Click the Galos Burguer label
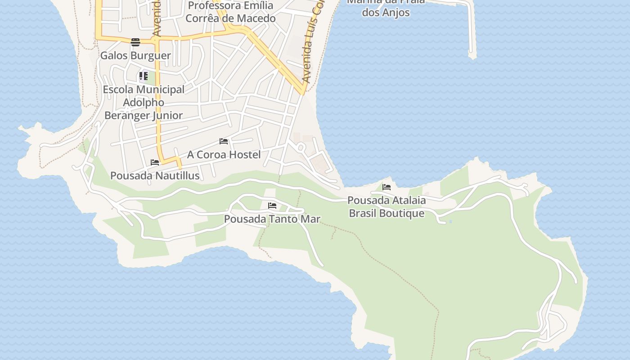135,56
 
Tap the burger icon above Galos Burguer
135,42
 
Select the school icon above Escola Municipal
143,76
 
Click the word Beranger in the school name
127,115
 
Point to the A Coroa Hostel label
224,155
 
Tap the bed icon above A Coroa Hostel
224,141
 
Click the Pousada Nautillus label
155,175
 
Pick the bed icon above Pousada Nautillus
155,162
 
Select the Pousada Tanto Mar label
272,219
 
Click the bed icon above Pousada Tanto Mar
272,206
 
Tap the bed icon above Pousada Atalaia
387,187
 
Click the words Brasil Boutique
387,213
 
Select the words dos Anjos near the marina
386,12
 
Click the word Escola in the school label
119,90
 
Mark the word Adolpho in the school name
144,102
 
